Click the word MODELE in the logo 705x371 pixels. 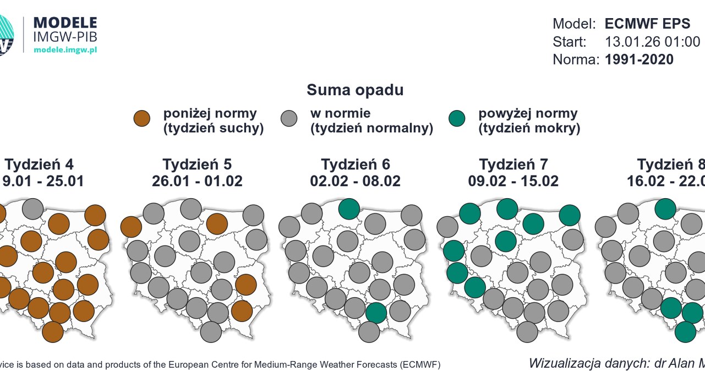(65, 23)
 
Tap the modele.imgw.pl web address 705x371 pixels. (65, 50)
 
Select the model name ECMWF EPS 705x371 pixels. (647, 24)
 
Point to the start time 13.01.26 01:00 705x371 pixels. (652, 42)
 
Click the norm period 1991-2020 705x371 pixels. (639, 59)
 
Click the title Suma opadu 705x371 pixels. (355, 90)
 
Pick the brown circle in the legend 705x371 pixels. (142, 118)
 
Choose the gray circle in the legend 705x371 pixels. (289, 118)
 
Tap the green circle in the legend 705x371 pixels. (457, 118)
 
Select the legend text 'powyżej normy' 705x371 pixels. (528, 113)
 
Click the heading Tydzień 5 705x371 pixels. (197, 164)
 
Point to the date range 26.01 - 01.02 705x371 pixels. (197, 181)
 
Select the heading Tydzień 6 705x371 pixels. (356, 164)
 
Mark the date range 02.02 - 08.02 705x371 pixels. (356, 181)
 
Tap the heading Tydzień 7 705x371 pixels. (513, 164)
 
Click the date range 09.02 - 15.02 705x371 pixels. (513, 181)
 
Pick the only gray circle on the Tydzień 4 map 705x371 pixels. (33, 209)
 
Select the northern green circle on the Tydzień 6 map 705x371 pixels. (349, 209)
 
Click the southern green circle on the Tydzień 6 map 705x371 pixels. (376, 312)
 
